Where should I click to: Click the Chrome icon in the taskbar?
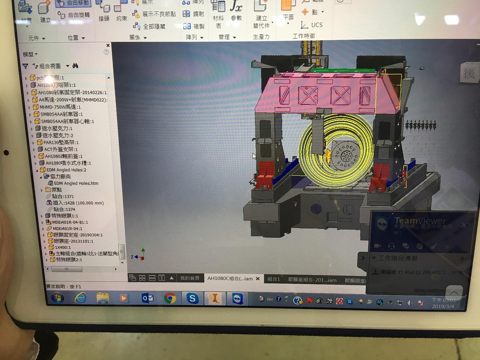[170, 298]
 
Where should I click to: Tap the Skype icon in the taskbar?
[192, 298]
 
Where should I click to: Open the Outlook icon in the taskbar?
[147, 298]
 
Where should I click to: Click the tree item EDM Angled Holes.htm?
[76, 183]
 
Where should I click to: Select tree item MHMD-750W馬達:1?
[60, 107]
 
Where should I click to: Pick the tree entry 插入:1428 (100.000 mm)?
[78, 203]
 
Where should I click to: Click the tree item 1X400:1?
[63, 247]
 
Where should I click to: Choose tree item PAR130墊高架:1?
[61, 142]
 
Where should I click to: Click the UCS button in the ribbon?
[312, 25]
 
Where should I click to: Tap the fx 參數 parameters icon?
[236, 10]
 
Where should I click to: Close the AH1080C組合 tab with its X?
[258, 279]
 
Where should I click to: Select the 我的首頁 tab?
[190, 278]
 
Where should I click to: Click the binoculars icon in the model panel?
[75, 66]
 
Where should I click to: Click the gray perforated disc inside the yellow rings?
[346, 155]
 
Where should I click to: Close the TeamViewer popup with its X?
[464, 225]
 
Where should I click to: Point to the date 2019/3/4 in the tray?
[443, 306]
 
